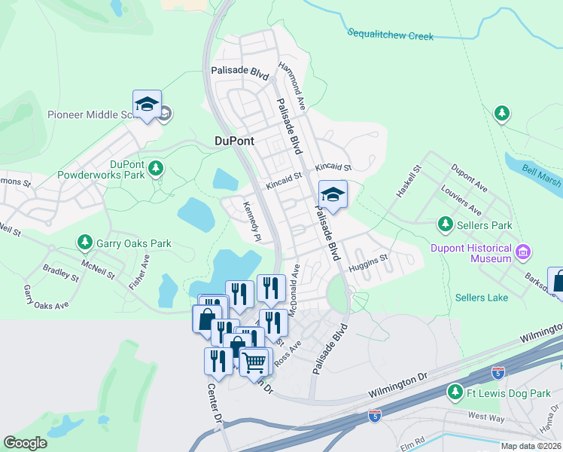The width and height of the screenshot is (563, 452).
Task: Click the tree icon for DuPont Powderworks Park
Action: tap(156, 168)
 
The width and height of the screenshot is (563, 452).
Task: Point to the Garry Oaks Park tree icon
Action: tap(85, 243)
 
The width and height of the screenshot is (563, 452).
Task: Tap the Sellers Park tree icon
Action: tap(445, 224)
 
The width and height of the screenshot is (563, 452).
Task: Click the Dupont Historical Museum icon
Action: tap(524, 250)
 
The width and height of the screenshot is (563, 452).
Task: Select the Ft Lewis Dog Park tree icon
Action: tap(455, 391)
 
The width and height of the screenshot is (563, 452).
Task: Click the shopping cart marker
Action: tap(254, 362)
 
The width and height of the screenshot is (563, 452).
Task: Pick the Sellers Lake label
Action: tap(481, 298)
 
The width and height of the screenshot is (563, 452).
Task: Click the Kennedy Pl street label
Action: tap(251, 222)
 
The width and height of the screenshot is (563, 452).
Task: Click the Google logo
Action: tap(25, 443)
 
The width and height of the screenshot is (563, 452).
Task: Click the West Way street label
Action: tap(485, 415)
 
